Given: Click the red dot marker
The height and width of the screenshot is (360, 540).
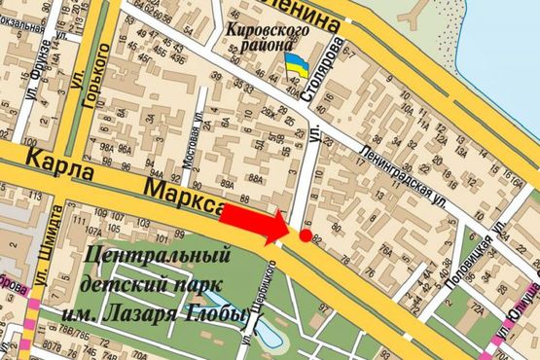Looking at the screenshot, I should pos(306,235).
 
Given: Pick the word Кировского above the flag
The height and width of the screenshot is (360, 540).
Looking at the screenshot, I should pos(268,29).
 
